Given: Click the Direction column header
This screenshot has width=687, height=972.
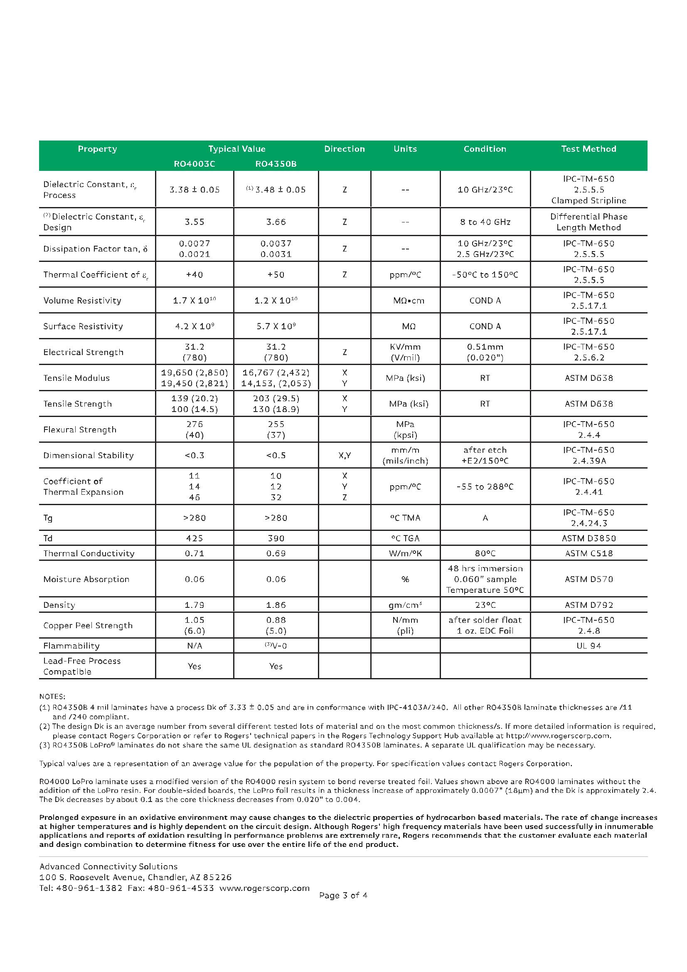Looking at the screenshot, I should coord(344,149).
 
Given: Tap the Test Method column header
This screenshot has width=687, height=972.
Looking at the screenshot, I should coord(589,149).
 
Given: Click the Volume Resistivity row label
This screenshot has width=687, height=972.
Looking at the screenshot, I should coord(82,301).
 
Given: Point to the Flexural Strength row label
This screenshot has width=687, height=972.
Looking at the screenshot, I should coord(79,430).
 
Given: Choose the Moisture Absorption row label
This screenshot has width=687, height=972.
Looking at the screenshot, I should coord(86,579).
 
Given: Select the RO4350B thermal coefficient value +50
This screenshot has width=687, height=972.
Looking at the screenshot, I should coord(276,275).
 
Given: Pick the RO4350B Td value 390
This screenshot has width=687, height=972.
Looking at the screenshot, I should coord(276,538).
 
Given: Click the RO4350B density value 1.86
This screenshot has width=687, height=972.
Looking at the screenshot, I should coord(276,605).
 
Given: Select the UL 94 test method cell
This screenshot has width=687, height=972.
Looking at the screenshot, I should coord(589,646).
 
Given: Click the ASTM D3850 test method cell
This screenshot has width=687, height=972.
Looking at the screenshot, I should coord(589,538).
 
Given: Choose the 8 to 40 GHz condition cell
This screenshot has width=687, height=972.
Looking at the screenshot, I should coord(485,222).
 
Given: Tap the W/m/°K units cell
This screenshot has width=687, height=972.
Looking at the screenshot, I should coord(405,553).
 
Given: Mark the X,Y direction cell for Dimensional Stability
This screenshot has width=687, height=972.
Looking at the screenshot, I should coord(344,456).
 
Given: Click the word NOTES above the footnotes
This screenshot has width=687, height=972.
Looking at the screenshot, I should coord(52,696).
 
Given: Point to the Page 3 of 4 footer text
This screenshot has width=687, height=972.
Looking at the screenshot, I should coord(343,896).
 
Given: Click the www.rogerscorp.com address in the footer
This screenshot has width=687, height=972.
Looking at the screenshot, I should coord(264,888).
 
